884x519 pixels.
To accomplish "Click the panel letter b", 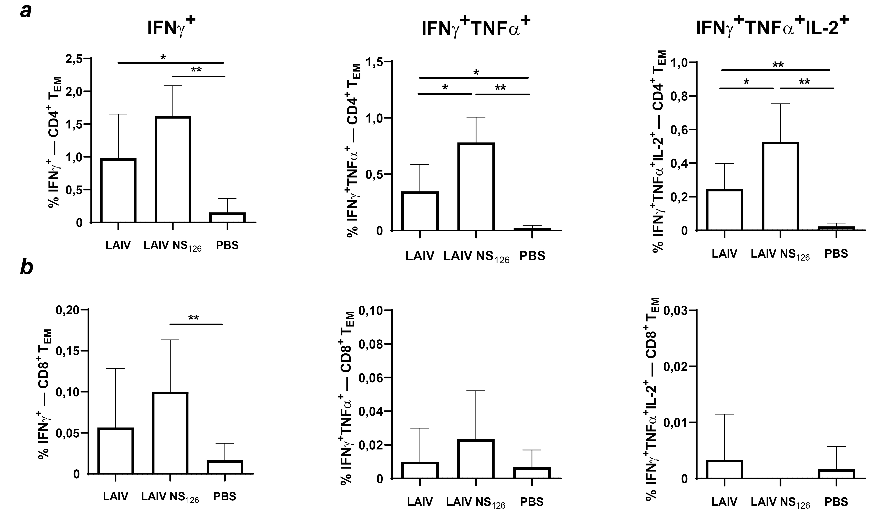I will point(27,267).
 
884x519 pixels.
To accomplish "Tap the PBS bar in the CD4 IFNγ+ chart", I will point(227,218).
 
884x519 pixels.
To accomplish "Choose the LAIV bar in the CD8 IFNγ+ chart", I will point(115,451).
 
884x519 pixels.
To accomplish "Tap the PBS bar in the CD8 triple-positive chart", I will point(837,474).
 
